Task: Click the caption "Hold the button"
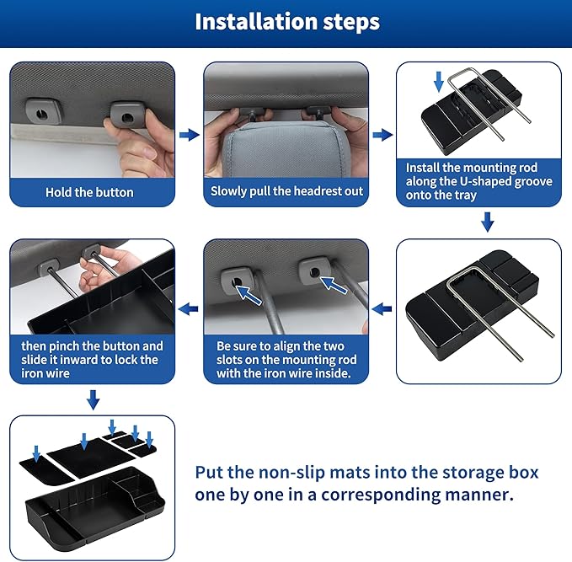pos(89,192)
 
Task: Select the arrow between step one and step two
pos(190,135)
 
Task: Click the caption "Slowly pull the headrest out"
pos(286,191)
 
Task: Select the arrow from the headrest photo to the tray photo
pos(382,135)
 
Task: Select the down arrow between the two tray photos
pos(487,222)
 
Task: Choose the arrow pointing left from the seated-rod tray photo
pos(382,309)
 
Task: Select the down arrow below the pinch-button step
pos(93,398)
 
